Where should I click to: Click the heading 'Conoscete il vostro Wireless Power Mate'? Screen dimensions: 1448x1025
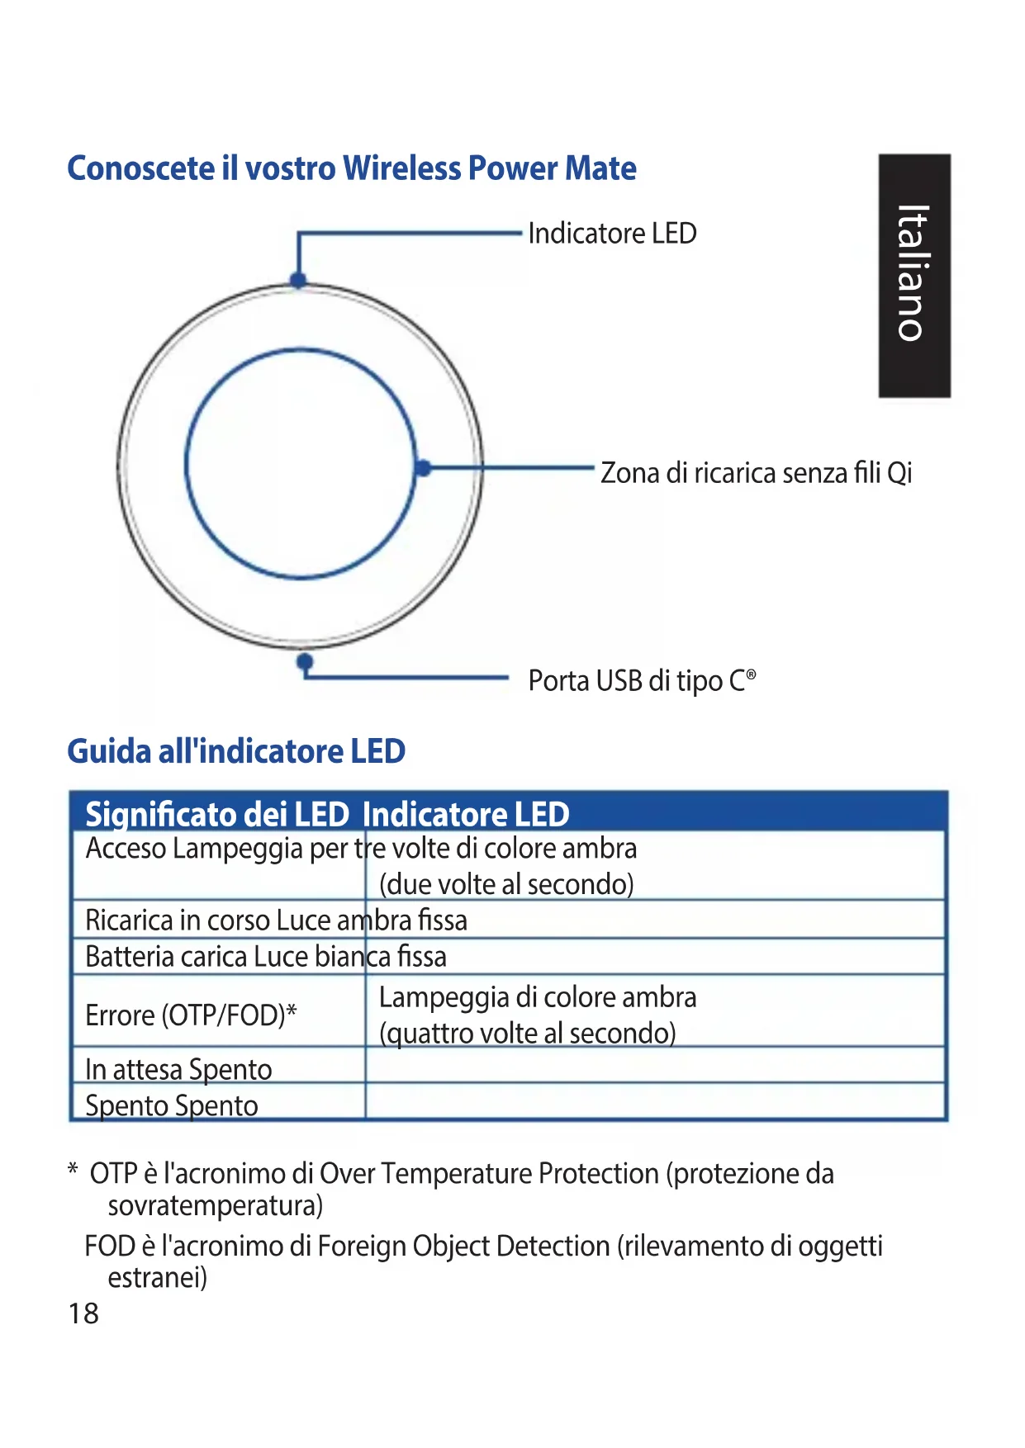pyautogui.click(x=351, y=168)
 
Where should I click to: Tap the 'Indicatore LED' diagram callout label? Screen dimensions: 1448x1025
pyautogui.click(x=612, y=234)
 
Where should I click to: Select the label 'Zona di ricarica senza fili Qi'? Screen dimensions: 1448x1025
pyautogui.click(x=756, y=473)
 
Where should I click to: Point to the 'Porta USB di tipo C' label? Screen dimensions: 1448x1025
pyautogui.click(x=641, y=681)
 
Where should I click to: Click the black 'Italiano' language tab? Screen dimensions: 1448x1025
pyautogui.click(x=914, y=275)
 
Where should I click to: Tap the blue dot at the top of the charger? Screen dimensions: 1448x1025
pyautogui.click(x=299, y=280)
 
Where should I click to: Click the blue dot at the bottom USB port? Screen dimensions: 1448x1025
pyautogui.click(x=305, y=661)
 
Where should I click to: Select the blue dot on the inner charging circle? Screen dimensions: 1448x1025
pyautogui.click(x=423, y=468)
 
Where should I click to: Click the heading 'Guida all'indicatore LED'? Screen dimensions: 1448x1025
pyautogui.click(x=236, y=751)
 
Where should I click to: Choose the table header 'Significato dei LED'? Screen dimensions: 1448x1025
pyautogui.click(x=217, y=815)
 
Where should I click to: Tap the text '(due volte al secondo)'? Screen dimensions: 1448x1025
pyautogui.click(x=506, y=884)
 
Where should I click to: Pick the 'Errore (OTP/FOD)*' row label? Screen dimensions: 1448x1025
pyautogui.click(x=191, y=1015)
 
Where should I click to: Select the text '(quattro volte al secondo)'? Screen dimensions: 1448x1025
pyautogui.click(x=527, y=1033)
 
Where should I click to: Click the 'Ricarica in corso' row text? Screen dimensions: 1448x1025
pyautogui.click(x=178, y=920)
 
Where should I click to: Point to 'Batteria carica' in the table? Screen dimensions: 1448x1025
pyautogui.click(x=166, y=957)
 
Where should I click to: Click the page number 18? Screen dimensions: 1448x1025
pyautogui.click(x=83, y=1313)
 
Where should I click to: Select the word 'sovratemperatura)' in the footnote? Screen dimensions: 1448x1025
pyautogui.click(x=216, y=1206)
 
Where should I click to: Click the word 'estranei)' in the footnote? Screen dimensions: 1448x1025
pyautogui.click(x=157, y=1278)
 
